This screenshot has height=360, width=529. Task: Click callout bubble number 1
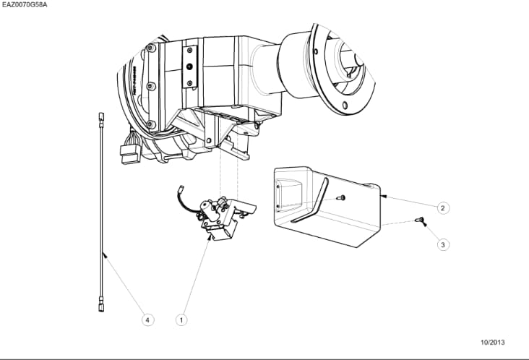point(182,318)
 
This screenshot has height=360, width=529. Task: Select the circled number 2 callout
point(443,207)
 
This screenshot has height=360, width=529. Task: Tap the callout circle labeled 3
point(443,244)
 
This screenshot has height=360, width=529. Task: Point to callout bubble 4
point(147,318)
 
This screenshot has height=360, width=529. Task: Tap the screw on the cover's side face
point(341,197)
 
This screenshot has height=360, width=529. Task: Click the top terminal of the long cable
point(98,115)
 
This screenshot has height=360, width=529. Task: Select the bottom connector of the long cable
point(100,307)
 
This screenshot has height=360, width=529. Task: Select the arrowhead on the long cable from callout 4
point(105,253)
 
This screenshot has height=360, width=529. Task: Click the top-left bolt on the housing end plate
point(150,49)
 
